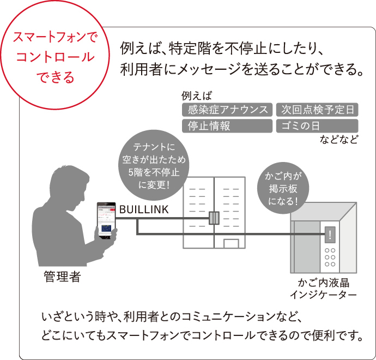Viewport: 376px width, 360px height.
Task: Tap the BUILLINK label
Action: click(144, 209)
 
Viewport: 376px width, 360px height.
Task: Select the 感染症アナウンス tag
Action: click(227, 110)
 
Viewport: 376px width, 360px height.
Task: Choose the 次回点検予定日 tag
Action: click(317, 110)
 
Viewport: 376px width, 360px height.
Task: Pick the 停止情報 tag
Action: click(227, 126)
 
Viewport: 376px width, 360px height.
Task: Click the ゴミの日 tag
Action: click(317, 126)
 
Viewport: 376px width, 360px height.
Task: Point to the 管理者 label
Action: click(62, 277)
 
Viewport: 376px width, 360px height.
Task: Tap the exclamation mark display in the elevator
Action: click(330, 235)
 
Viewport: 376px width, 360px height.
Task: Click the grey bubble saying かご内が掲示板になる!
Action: click(283, 188)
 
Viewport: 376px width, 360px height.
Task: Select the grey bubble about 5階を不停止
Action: click(154, 165)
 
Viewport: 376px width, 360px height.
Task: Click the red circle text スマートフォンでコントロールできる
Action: click(56, 57)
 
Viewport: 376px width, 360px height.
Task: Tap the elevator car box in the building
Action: click(214, 218)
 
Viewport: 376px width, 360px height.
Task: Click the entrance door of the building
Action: click(231, 243)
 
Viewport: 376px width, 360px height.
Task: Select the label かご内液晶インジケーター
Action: click(323, 289)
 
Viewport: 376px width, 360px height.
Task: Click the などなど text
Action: click(338, 139)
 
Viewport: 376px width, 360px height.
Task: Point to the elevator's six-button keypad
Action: click(330, 257)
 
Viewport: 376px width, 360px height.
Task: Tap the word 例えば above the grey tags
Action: click(197, 96)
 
